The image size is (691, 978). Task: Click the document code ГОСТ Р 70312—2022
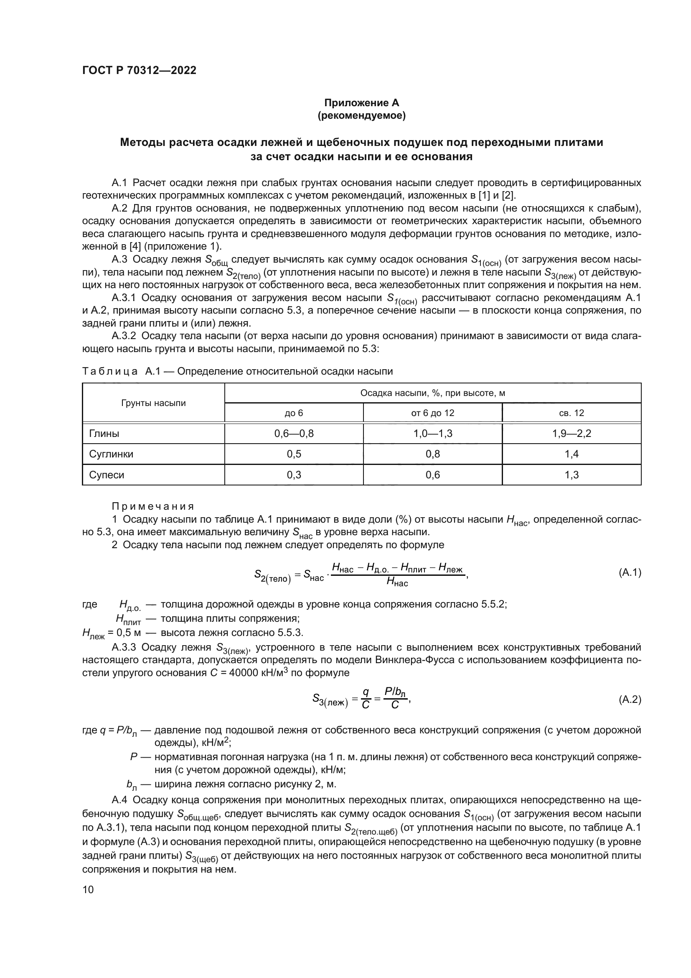tap(139, 71)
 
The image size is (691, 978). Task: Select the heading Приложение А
tap(362, 103)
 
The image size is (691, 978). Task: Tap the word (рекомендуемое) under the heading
tap(362, 115)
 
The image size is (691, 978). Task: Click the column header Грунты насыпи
tap(154, 403)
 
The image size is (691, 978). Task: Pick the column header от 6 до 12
tap(432, 413)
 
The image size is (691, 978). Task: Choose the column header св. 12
tap(572, 413)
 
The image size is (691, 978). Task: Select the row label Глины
tap(104, 434)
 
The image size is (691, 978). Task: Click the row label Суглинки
tap(111, 454)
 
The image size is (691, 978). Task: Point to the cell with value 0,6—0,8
tap(294, 434)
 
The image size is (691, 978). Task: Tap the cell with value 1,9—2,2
tap(572, 434)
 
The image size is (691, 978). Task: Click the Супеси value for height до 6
tap(294, 475)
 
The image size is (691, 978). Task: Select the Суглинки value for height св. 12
tap(572, 454)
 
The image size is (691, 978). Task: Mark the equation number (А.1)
tap(629, 572)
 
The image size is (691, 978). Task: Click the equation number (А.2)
tap(629, 700)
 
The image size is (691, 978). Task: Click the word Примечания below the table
tap(153, 506)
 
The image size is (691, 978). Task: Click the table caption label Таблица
tap(110, 371)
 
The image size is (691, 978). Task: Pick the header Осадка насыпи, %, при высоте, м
tap(432, 393)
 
